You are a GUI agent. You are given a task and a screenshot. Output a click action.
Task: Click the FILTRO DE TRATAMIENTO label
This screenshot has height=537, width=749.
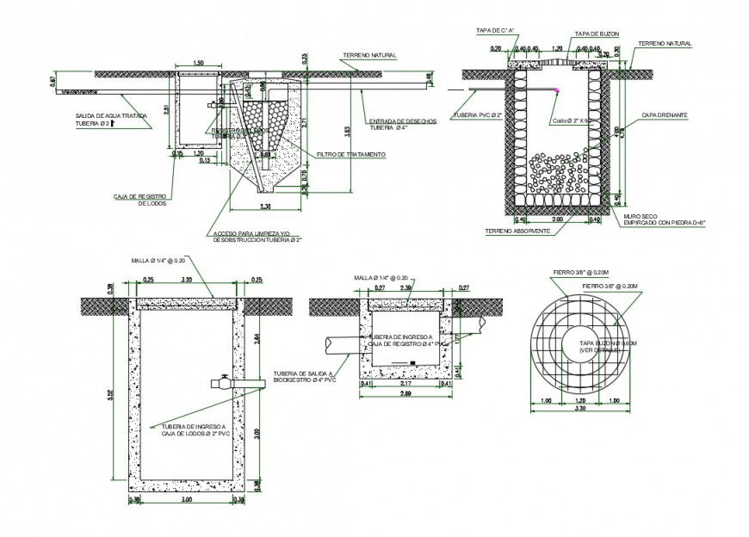click(350, 155)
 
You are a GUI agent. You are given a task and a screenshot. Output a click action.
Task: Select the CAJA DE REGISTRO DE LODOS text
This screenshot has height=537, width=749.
click(138, 200)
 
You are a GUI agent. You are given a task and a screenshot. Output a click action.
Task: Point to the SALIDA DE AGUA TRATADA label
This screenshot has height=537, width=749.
click(103, 120)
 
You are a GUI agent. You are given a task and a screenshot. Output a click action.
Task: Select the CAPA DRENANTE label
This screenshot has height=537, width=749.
click(664, 115)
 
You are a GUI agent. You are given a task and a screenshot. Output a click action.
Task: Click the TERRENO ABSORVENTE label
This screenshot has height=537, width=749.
click(517, 231)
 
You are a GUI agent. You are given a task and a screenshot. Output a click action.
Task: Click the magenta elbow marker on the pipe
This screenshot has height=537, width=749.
click(557, 89)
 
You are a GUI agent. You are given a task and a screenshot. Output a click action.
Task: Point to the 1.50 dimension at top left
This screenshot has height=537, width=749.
click(199, 64)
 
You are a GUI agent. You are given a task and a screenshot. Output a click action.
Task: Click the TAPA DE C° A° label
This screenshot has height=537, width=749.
click(495, 31)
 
